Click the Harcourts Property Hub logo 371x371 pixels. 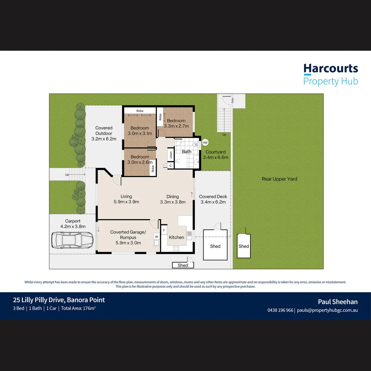click(330, 75)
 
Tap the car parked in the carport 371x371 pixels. click(72, 240)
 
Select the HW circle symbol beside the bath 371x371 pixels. click(205, 143)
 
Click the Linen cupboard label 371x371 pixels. click(171, 155)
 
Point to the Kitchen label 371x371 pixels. click(176, 237)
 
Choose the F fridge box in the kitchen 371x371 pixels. click(164, 230)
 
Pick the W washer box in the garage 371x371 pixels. click(156, 237)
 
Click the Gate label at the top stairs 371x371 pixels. click(232, 100)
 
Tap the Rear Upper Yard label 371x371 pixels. click(279, 179)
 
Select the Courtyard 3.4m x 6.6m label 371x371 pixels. click(215, 155)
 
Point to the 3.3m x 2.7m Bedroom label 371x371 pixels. click(176, 123)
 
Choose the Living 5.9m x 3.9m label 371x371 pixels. click(126, 199)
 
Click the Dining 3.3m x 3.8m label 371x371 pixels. click(173, 199)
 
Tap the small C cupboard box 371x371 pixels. click(171, 166)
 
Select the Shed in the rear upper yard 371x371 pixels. click(244, 246)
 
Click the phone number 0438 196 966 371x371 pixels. click(280, 310)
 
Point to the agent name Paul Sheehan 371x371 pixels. click(338, 302)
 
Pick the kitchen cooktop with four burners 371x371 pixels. click(176, 248)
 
